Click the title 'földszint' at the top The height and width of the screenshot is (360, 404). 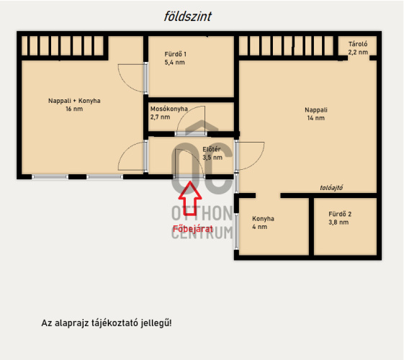187,17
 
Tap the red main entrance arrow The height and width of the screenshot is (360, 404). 190,198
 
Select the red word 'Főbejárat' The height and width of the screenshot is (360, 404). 193,229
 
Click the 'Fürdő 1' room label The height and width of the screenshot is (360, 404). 175,54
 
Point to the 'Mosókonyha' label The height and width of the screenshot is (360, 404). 169,109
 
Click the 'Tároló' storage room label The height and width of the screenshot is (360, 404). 358,44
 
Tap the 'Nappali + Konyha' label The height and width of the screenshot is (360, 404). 74,101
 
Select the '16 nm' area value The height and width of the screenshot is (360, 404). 74,109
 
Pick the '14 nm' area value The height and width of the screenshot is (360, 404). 316,118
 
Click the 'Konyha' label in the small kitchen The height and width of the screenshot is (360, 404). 263,219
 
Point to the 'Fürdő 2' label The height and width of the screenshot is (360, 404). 340,214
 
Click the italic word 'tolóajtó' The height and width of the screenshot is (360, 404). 331,188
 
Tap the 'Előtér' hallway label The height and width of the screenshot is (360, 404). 212,149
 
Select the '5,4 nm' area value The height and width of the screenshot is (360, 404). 175,63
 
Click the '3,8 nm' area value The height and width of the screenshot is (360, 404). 338,222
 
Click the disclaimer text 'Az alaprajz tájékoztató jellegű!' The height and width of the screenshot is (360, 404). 107,323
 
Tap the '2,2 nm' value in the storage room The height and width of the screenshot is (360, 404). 358,53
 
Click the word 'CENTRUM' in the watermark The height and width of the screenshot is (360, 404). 202,233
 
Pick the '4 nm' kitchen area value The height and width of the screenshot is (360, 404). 259,227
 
